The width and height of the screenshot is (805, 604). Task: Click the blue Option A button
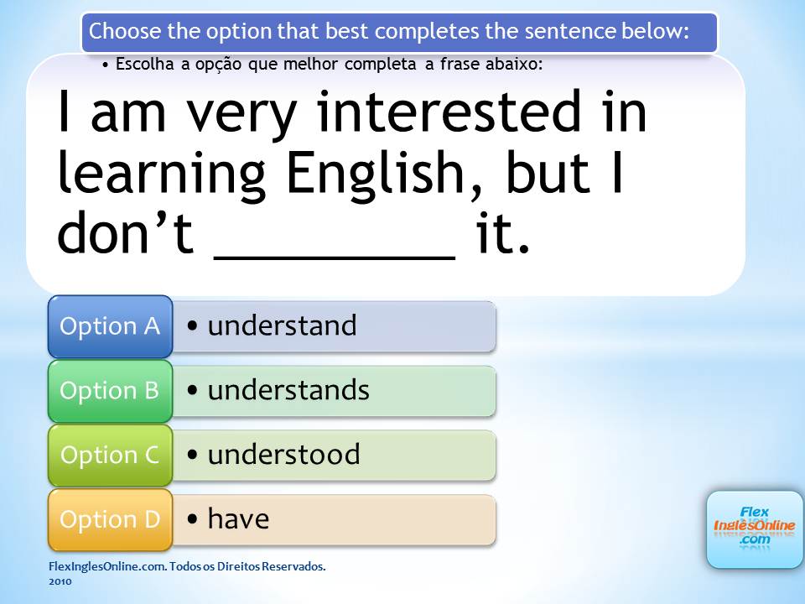point(110,326)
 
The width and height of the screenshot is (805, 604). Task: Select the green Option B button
point(110,391)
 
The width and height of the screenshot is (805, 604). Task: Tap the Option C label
point(110,455)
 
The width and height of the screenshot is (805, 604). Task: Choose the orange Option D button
point(110,520)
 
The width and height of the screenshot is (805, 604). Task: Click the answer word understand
point(282,325)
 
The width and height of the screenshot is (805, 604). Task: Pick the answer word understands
point(288,390)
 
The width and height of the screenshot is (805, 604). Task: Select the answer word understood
point(283,455)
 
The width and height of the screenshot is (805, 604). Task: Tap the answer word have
point(238,518)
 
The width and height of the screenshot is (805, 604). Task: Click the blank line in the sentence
point(335,257)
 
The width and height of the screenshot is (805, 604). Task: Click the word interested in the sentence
point(449,112)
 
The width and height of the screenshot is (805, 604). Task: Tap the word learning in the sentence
point(161,174)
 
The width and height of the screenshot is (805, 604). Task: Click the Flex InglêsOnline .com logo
point(754,529)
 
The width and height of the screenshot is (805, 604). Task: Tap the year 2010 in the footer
point(60,581)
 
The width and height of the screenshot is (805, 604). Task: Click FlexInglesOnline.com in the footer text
point(107,566)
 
